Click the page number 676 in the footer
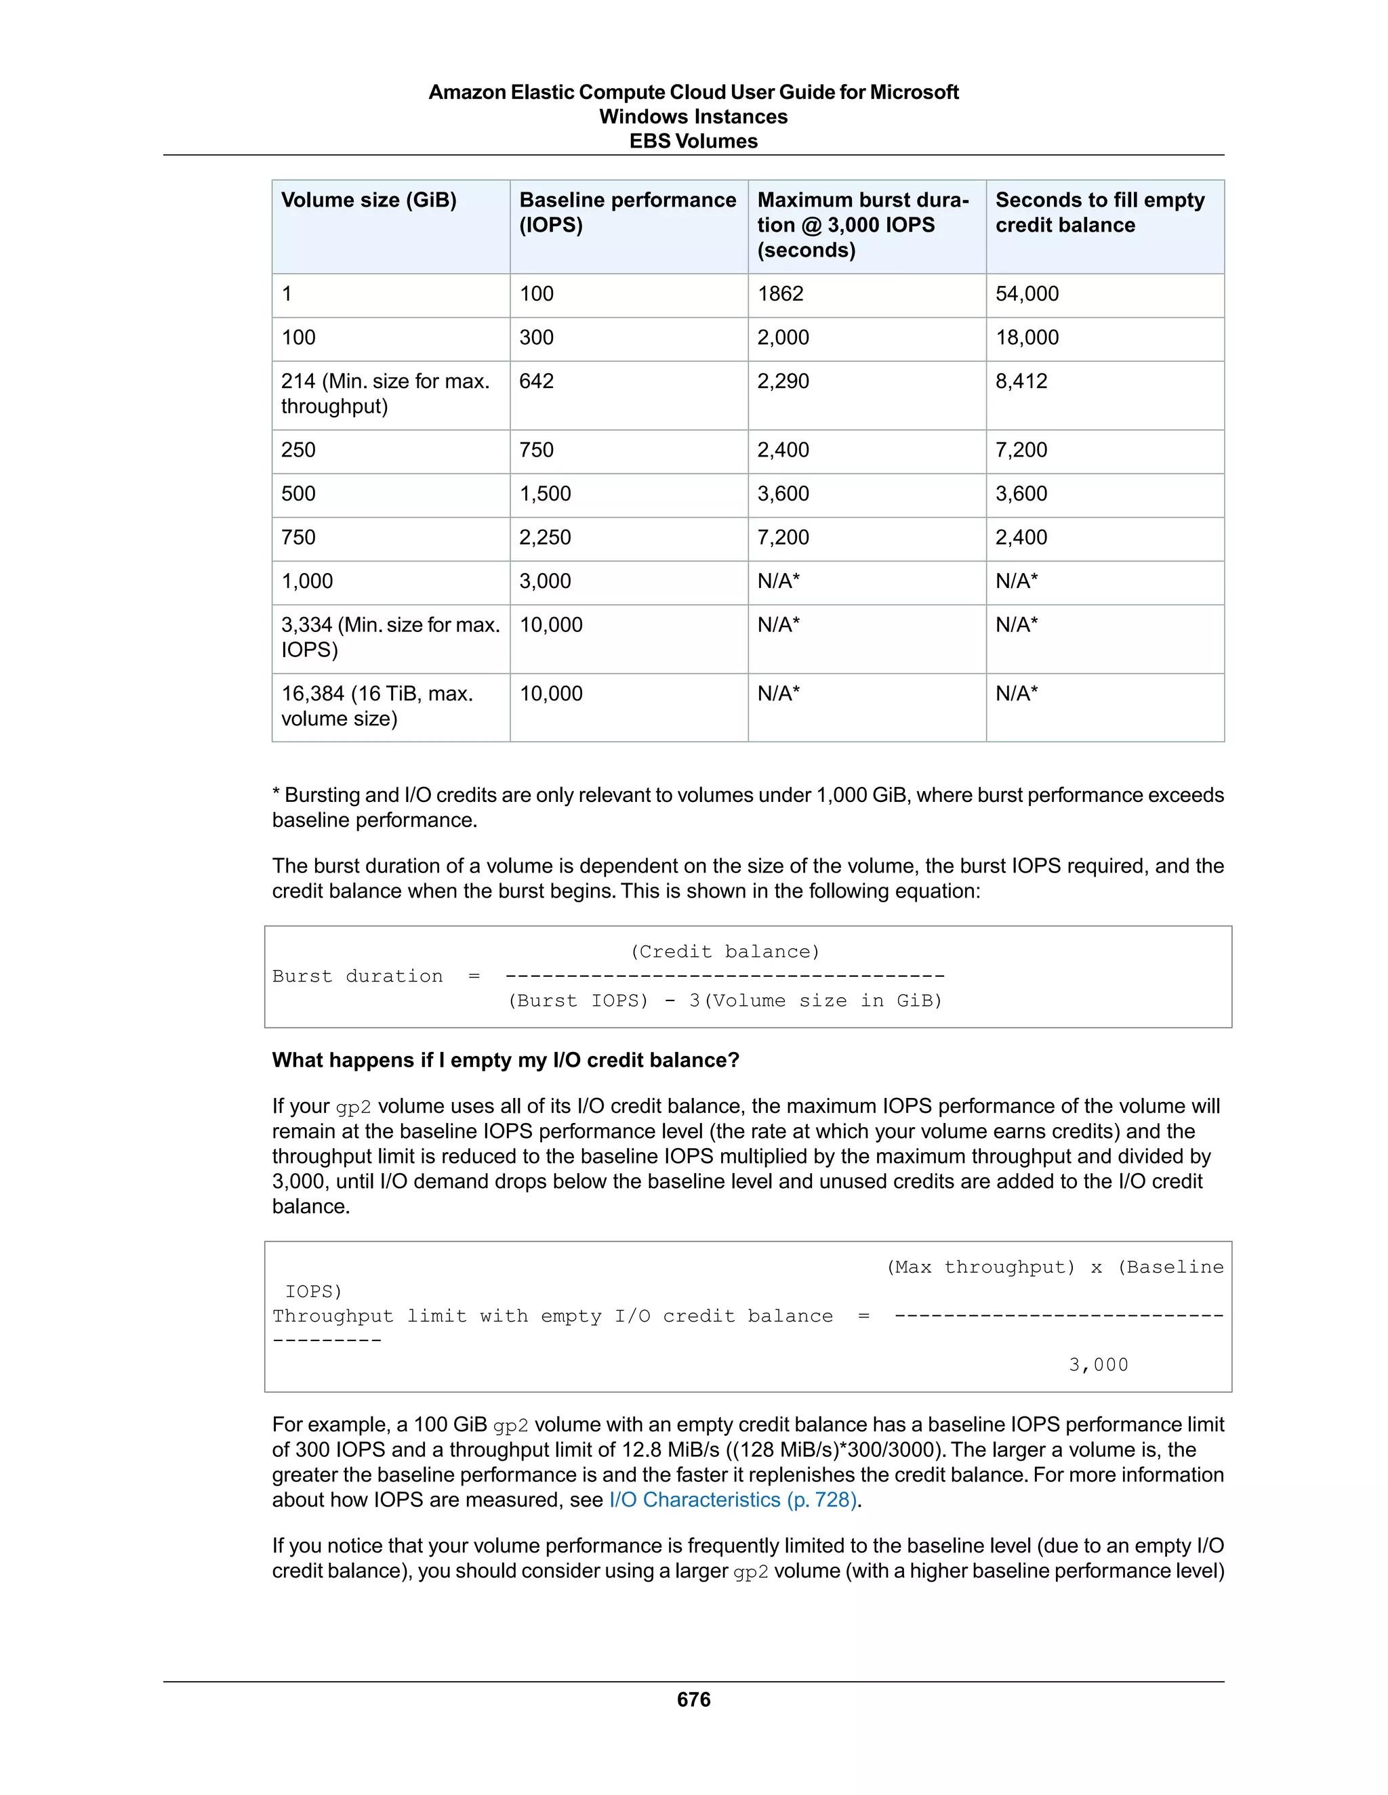click(693, 1699)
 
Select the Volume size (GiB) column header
click(369, 200)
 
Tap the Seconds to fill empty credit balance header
click(1099, 212)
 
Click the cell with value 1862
click(780, 293)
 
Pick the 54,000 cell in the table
click(1026, 293)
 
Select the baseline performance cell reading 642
click(536, 381)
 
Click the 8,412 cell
click(1021, 381)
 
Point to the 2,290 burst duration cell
click(783, 381)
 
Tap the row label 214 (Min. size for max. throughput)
click(385, 394)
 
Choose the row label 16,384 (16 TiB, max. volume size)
click(377, 706)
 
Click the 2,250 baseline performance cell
click(544, 538)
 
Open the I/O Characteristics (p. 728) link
click(734, 1500)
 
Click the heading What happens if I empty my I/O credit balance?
click(506, 1060)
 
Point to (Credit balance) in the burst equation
click(724, 952)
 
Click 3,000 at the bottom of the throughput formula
click(1099, 1365)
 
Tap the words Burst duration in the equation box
click(357, 976)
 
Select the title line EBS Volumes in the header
click(693, 142)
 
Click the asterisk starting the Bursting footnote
click(277, 794)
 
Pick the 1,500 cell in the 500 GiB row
click(544, 494)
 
